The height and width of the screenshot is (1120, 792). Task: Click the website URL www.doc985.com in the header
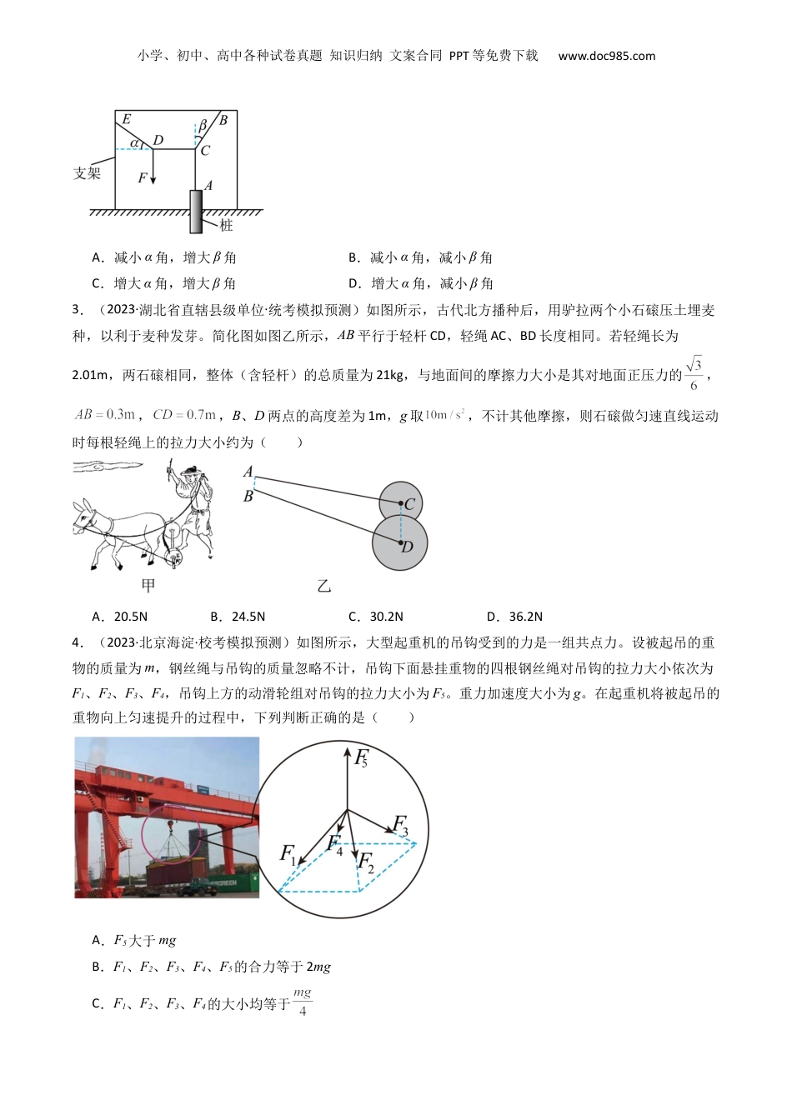[x=606, y=56]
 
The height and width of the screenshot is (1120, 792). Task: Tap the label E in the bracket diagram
[x=127, y=119]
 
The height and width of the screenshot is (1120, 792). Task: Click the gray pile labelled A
[x=196, y=211]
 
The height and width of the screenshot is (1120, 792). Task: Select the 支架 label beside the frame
[x=87, y=173]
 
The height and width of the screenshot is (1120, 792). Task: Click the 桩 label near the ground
[x=226, y=225]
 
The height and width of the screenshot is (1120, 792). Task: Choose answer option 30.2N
[x=376, y=617]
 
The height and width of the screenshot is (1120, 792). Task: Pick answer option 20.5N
[x=120, y=617]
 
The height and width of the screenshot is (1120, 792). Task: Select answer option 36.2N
[x=515, y=617]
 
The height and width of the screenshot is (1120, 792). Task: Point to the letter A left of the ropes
[x=248, y=472]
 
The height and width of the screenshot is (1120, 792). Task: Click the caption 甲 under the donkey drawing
[x=148, y=586]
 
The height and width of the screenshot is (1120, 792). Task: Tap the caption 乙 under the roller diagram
[x=324, y=586]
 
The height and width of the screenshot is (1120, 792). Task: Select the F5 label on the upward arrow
[x=361, y=758]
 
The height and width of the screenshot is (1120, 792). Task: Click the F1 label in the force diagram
[x=288, y=853]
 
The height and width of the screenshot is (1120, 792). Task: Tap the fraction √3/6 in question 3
[x=694, y=374]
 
